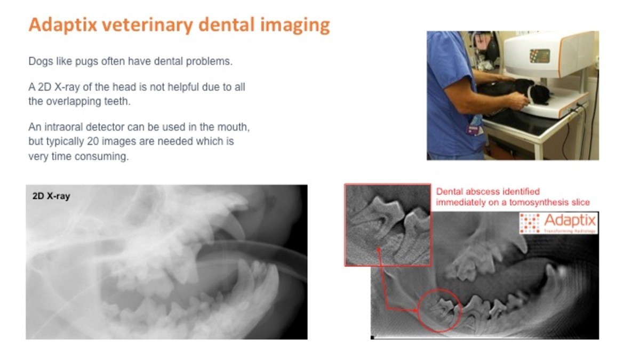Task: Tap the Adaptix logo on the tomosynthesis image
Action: [x=558, y=223]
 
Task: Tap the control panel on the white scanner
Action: [x=539, y=55]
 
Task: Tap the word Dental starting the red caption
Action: [x=450, y=191]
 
